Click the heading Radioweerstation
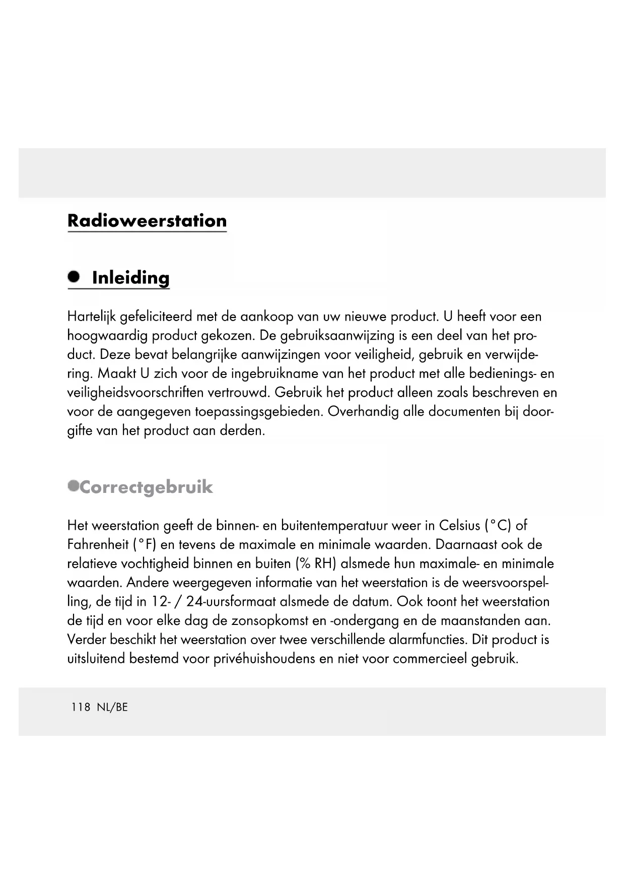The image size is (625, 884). point(147,221)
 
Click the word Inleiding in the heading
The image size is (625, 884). point(131,278)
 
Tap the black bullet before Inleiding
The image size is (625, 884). point(74,276)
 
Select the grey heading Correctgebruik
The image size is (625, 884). point(146,487)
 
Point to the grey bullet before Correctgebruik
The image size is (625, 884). point(74,485)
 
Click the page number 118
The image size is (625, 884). point(81,707)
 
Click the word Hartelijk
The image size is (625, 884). point(92,317)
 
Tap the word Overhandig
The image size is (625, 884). point(363,412)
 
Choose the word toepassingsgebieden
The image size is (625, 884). point(258,412)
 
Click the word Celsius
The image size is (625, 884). point(459,526)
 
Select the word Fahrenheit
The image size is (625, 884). point(98,545)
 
